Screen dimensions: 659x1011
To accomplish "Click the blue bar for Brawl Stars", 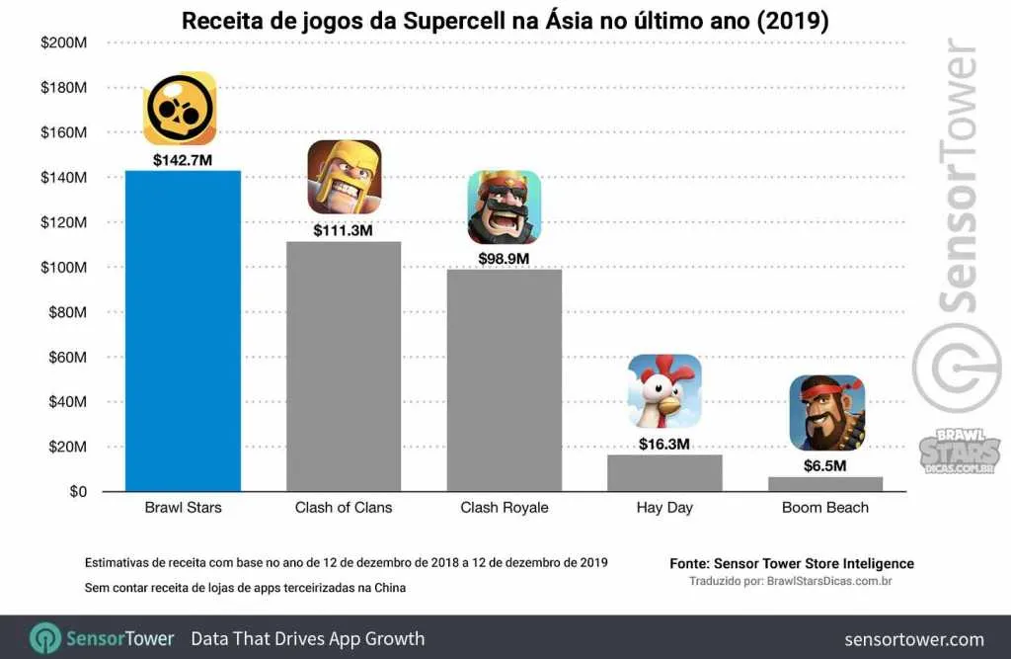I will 183,331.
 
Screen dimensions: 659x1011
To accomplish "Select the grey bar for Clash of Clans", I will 344,367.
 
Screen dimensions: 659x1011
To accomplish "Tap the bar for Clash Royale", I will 504,380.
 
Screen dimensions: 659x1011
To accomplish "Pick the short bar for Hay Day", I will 664,473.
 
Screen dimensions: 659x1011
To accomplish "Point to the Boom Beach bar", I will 825,484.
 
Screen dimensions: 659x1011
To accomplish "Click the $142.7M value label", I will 183,158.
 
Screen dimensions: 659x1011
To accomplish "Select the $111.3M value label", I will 344,229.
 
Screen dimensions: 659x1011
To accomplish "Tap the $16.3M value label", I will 664,444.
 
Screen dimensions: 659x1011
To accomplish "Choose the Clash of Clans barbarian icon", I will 344,178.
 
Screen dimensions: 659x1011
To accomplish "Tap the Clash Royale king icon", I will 504,206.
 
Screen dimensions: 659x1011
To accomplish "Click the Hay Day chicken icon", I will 664,391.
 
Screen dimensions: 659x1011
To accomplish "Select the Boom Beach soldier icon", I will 826,412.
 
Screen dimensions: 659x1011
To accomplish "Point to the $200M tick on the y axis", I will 64,42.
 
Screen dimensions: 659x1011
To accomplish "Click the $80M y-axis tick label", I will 68,312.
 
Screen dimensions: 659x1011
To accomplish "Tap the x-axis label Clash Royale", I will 504,508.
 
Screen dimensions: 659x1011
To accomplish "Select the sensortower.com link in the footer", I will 914,639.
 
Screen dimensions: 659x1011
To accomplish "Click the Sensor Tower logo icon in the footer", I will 45,638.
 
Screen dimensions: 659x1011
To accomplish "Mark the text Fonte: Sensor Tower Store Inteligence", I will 791,563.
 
